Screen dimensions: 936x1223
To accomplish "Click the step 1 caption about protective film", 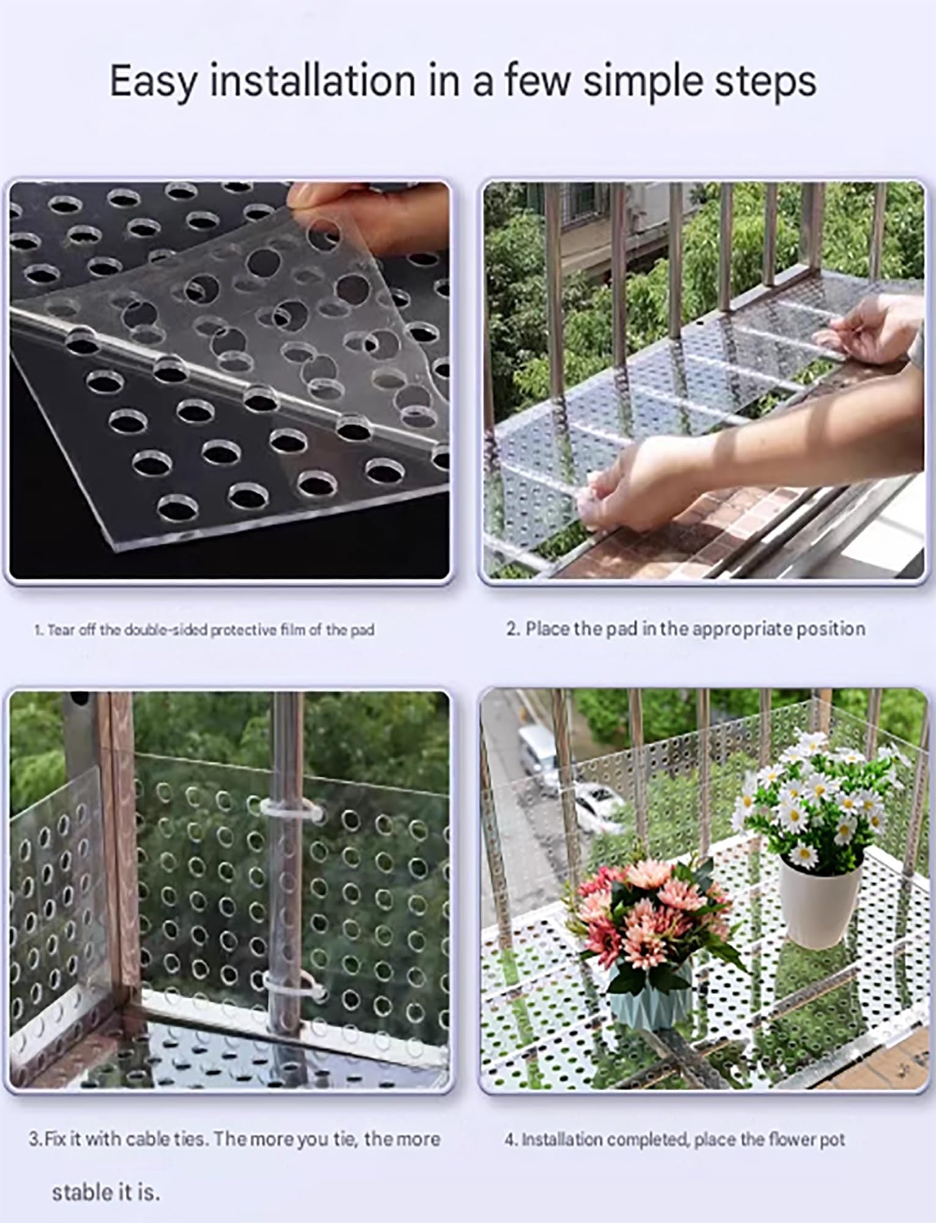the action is (x=204, y=630).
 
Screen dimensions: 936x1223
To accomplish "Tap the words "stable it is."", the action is (x=106, y=1192).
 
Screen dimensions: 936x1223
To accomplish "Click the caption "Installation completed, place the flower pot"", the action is (x=675, y=1139).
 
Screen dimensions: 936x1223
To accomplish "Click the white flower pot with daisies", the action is (x=819, y=900).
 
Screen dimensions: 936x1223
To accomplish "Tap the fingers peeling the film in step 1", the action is (x=367, y=220).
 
